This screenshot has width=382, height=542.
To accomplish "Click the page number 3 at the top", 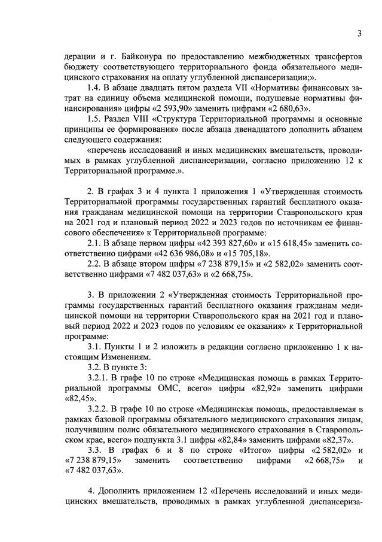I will (359, 34).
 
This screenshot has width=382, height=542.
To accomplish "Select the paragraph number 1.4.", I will (95, 87).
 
